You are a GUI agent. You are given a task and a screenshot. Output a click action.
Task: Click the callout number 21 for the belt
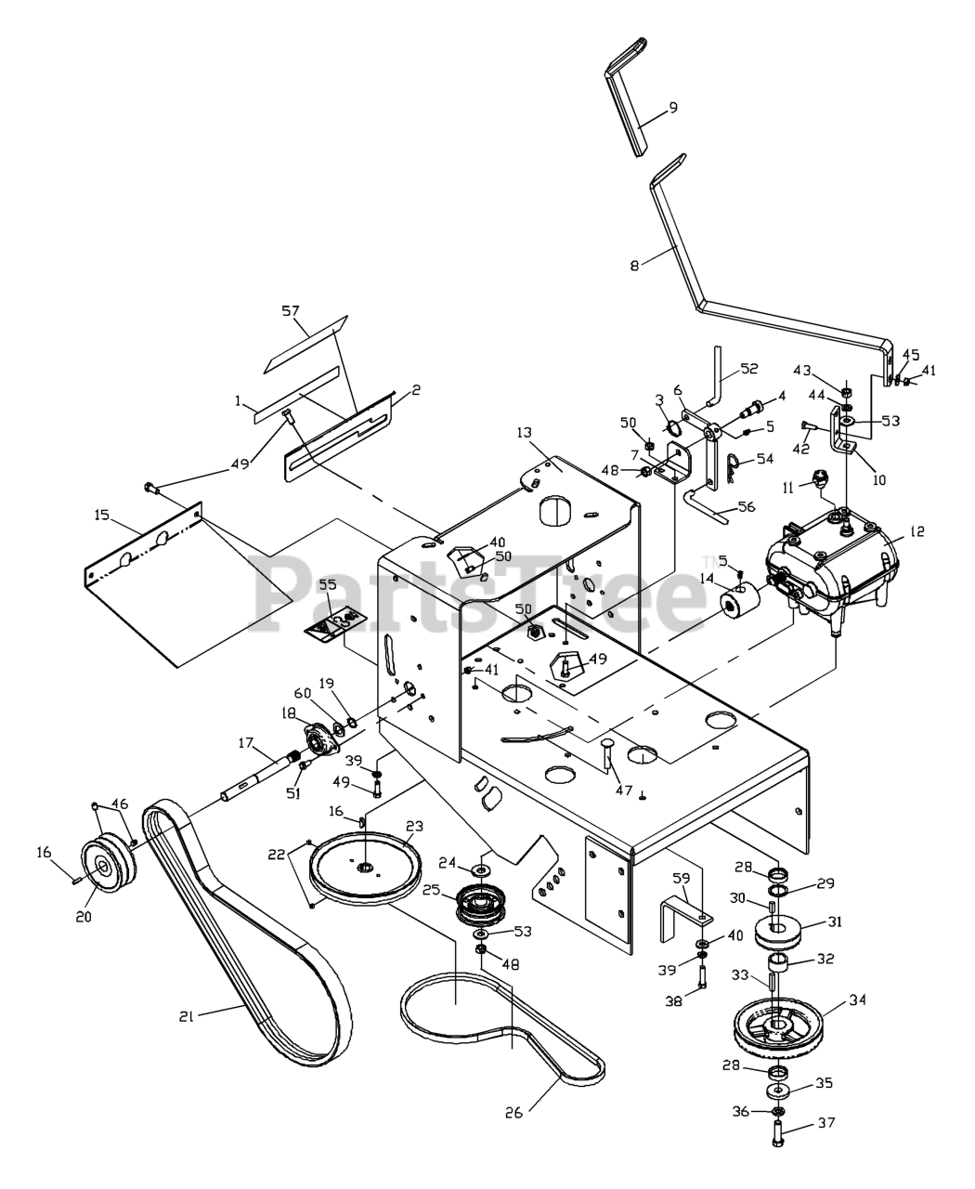coord(187,1016)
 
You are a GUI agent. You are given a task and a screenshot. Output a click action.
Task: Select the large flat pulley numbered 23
coord(365,869)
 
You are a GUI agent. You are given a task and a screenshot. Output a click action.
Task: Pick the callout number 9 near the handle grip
coord(672,107)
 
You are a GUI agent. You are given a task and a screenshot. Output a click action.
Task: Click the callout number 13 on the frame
coord(524,433)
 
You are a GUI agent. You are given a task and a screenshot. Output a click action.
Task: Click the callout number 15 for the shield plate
coord(102,516)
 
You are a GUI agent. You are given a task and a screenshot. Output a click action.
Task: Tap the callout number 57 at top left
coord(291,310)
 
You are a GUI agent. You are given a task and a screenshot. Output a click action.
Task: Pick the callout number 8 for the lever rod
coord(634,265)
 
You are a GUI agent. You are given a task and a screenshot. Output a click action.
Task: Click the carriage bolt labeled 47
coord(607,752)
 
